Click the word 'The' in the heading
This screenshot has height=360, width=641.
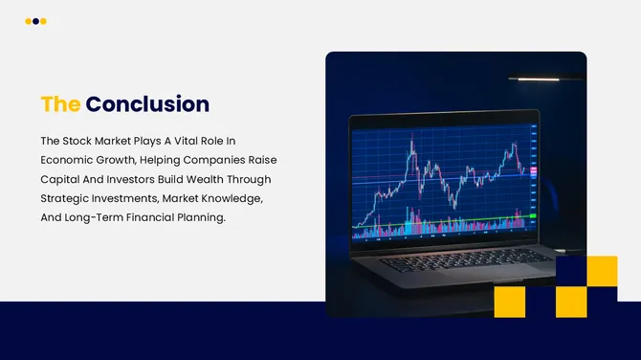59,103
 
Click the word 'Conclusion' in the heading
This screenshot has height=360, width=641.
147,103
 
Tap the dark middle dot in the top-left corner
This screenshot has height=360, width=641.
35,21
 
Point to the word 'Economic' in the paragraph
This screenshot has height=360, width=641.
68,159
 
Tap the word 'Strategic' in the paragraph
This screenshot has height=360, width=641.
65,197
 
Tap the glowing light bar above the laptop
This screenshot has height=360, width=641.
533,79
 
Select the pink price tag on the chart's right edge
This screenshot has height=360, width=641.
533,170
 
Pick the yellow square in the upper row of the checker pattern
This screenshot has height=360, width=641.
602,271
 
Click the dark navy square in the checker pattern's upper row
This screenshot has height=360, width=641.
571,271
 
